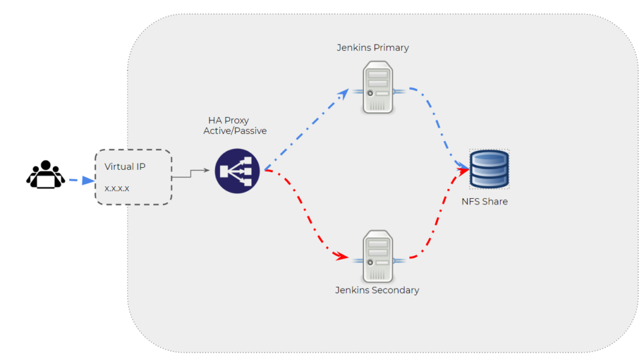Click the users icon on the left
coord(45,175)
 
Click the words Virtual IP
coord(125,167)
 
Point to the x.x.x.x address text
coord(117,188)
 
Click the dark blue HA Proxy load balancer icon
coord(237,171)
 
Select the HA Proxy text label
coord(228,120)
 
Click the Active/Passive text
coord(235,131)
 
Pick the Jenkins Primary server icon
coord(378,87)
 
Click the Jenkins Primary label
coord(372,48)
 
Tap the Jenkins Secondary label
coord(377,290)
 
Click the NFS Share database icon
coord(489,169)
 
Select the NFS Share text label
coord(484,202)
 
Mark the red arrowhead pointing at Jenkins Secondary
coord(342,256)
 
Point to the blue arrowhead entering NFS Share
coord(463,168)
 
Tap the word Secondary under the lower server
coord(396,290)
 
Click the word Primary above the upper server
coord(391,48)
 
